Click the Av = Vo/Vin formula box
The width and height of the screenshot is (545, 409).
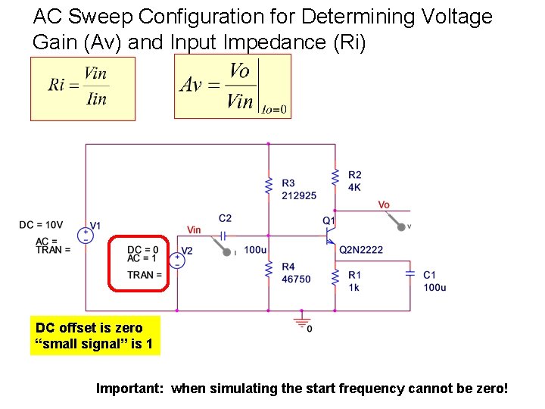coord(232,86)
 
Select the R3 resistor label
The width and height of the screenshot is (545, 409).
coord(288,183)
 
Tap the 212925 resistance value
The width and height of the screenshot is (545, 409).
coord(298,195)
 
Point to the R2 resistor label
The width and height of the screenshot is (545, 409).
coord(355,175)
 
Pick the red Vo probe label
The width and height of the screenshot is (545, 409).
coord(384,204)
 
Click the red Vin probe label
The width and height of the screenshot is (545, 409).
coord(195,230)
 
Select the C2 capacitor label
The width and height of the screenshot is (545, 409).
coord(225,218)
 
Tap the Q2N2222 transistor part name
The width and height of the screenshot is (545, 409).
coord(361,249)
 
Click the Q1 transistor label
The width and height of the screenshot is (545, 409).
coord(329,220)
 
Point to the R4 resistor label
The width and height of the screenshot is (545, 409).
coord(288,267)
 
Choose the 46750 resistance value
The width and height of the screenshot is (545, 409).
coord(296,279)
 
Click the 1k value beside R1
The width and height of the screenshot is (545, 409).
coord(354,288)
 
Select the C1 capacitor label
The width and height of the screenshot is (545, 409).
coord(430,275)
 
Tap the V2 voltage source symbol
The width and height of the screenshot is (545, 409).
coord(178,260)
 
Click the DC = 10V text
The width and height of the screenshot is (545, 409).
coord(41,225)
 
